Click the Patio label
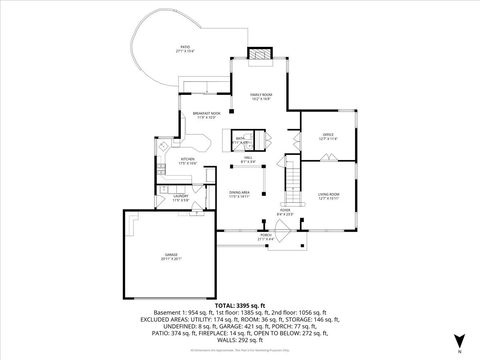click(185, 47)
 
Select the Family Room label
click(260, 95)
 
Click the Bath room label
click(240, 140)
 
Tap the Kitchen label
click(186, 160)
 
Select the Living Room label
click(329, 195)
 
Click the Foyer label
click(285, 211)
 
